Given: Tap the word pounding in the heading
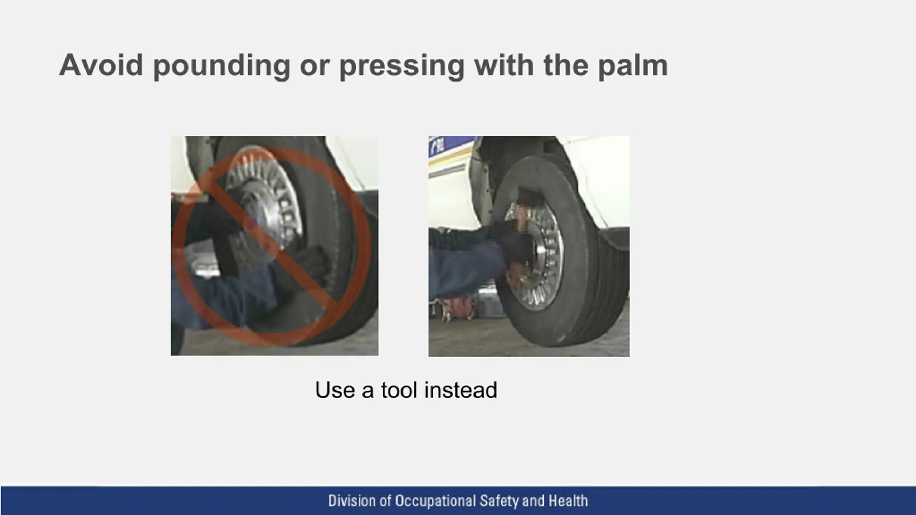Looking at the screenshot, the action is (x=222, y=67).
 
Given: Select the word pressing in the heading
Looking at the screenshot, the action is (x=402, y=67).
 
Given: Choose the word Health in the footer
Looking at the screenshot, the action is (x=568, y=501).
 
